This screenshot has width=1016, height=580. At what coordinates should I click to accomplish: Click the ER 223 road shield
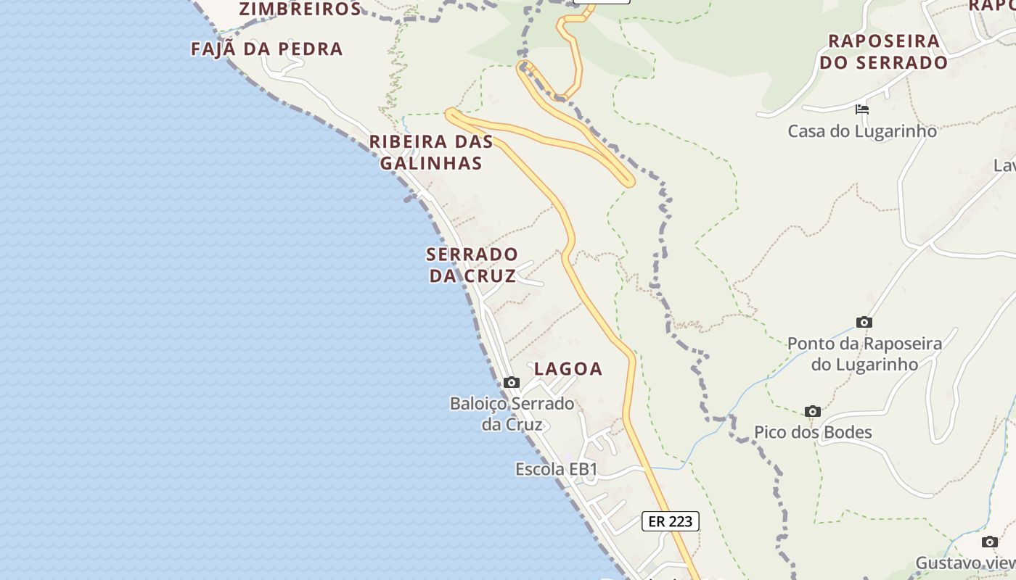(x=670, y=521)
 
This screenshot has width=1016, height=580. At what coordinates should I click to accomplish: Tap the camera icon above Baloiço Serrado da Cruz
(x=511, y=382)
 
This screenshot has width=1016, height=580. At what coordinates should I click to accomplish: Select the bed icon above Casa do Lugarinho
(x=862, y=109)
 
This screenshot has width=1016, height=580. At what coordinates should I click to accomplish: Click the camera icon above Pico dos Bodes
(x=813, y=411)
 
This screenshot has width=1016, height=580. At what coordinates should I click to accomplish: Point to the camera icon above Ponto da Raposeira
(x=864, y=322)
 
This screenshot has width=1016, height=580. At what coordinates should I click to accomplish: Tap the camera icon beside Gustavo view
(x=990, y=542)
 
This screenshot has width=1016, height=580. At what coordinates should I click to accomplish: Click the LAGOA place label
(x=568, y=368)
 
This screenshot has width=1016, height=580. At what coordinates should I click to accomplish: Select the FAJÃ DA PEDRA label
(x=266, y=49)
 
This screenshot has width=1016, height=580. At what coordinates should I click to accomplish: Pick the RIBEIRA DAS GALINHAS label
(x=431, y=152)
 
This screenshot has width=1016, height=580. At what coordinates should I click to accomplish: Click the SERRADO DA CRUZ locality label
(x=472, y=265)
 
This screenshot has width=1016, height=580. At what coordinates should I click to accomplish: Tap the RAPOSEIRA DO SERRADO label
(x=884, y=51)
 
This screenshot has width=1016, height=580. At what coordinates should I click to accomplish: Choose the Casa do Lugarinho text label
(x=862, y=131)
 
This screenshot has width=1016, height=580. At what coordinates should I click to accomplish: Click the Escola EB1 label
(x=556, y=469)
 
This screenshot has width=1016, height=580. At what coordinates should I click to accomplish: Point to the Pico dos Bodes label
(x=813, y=433)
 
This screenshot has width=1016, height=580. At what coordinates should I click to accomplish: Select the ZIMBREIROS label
(x=300, y=9)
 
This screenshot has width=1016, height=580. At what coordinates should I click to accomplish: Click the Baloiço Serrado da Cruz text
(x=512, y=413)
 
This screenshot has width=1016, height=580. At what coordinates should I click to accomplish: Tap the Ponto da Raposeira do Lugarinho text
(x=864, y=354)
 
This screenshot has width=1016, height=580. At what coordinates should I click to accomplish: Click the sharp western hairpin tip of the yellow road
(x=450, y=112)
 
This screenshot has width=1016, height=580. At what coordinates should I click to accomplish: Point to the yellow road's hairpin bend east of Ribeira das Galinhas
(x=628, y=181)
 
